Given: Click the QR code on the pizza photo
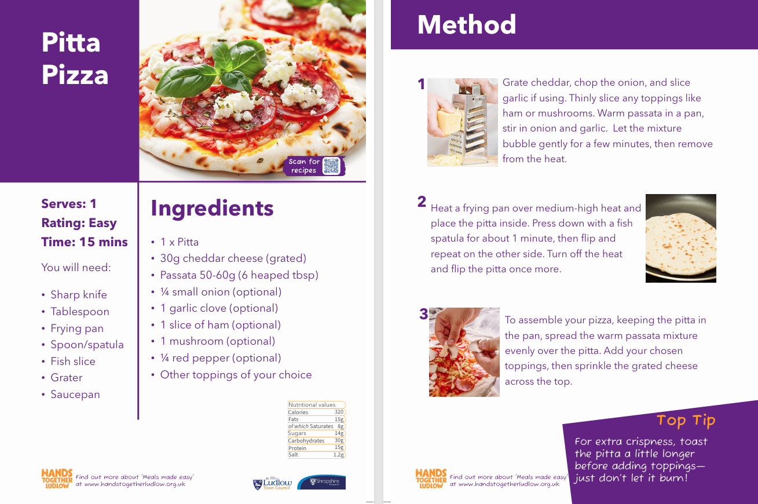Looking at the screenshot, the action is coord(331,166).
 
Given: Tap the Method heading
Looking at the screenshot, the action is coord(467,25).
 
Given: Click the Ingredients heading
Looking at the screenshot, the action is coord(212,208).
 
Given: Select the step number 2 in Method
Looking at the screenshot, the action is coord(422,202).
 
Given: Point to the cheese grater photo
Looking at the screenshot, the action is coord(462,122).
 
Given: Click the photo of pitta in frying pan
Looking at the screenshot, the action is coord(681,238).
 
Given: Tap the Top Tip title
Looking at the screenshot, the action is coord(686,421).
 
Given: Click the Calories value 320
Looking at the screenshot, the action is coord(339,412).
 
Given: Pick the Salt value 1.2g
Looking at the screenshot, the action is coord(338,455).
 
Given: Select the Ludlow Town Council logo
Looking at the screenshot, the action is coord(272,483).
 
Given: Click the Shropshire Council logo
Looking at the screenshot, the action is coord(321,482).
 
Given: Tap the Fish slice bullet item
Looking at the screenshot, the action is coord(73,361).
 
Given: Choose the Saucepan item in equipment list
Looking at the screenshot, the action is coord(75,395).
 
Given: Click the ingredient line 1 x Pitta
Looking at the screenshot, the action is coord(180,242).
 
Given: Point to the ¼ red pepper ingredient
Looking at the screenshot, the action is coord(220,358).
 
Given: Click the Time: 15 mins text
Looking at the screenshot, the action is coord(85,242).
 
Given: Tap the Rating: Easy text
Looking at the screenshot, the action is coord(79,223).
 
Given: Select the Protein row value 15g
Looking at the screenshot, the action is coord(339,447).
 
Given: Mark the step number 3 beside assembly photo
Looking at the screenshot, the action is coord(424,314).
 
